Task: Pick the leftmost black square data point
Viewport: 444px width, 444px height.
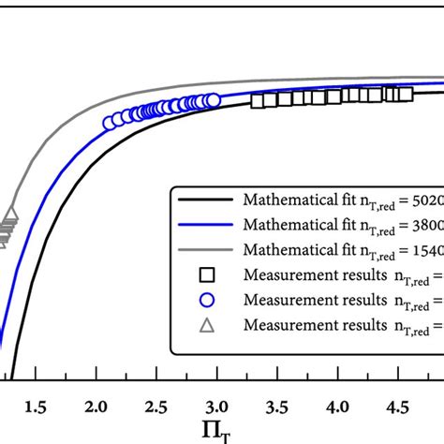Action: pos(258,99)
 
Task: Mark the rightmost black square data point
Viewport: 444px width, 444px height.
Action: pos(406,92)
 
